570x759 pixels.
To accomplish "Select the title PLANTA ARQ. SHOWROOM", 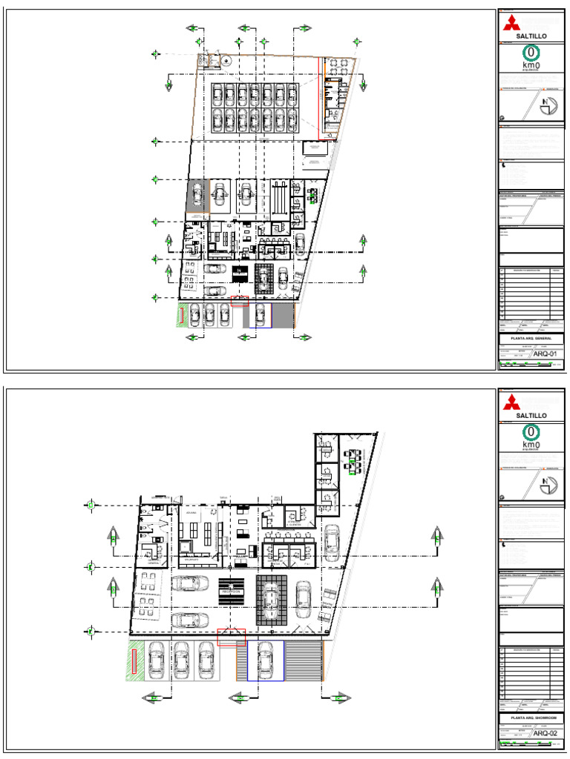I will [530, 718].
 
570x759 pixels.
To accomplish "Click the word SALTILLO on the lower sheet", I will [531, 416].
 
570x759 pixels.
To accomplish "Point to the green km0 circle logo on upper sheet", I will [531, 53].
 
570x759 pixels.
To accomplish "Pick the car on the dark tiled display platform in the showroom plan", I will [271, 599].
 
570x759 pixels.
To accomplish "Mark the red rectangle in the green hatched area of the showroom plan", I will [134, 661].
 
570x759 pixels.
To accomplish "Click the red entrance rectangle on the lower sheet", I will [231, 636].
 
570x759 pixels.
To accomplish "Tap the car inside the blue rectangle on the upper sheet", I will [260, 316].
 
